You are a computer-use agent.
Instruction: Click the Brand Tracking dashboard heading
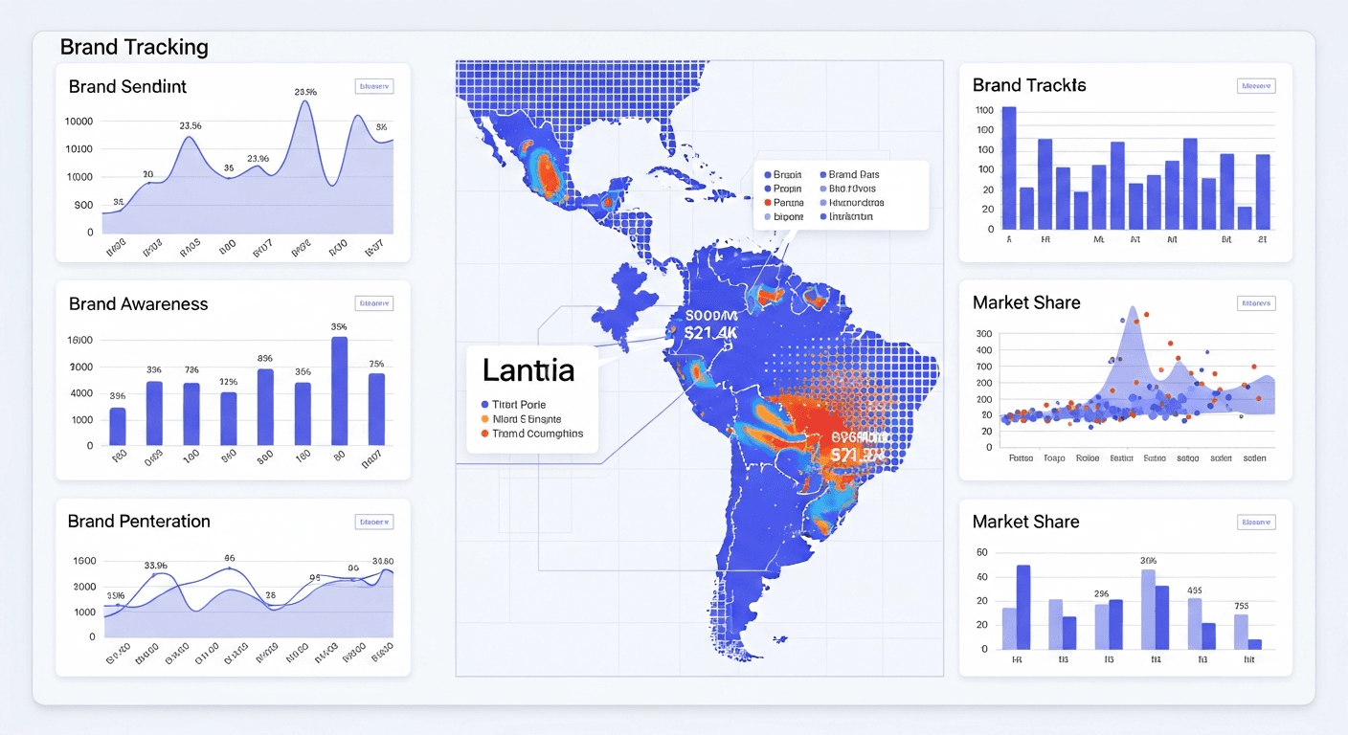[133, 47]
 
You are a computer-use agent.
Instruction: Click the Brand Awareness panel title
[138, 303]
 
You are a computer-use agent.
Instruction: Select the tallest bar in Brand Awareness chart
[339, 391]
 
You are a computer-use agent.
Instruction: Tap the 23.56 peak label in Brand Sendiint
[190, 125]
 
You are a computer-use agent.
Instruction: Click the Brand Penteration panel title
[139, 522]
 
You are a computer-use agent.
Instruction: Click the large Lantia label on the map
[528, 369]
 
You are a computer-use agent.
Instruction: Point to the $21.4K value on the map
[710, 332]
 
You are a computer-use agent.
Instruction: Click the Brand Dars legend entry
[853, 174]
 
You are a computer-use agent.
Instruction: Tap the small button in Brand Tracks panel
[1255, 85]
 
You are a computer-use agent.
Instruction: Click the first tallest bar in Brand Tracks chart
[1009, 167]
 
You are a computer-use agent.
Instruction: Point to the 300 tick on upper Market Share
[984, 334]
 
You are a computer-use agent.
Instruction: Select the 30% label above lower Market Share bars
[1149, 560]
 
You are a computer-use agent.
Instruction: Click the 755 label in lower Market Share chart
[1242, 606]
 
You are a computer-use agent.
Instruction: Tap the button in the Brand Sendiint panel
[373, 86]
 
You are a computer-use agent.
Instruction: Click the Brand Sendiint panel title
[127, 86]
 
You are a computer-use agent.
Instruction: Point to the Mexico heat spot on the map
[547, 171]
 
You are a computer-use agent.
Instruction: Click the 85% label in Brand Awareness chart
[265, 358]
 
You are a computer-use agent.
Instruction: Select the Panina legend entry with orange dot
[788, 203]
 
